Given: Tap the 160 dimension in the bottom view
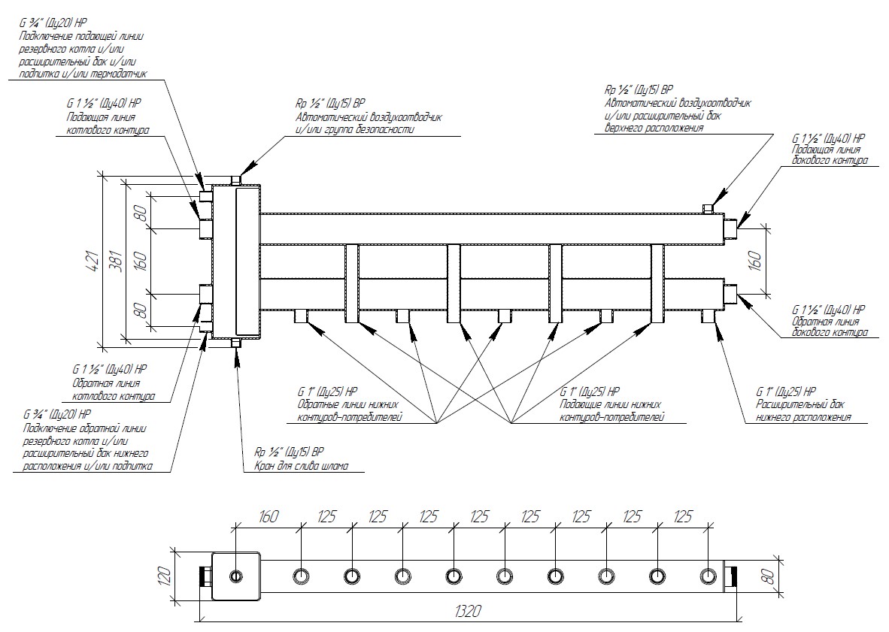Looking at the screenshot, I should [269, 517].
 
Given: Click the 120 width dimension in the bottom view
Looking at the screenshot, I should [167, 576].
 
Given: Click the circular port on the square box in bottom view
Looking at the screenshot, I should [236, 576].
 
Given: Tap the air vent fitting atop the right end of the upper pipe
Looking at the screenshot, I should [707, 208].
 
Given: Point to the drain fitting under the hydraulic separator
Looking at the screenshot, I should [236, 343].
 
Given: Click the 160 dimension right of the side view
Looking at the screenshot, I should [757, 260].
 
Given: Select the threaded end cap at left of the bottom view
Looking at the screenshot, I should [205, 576].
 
